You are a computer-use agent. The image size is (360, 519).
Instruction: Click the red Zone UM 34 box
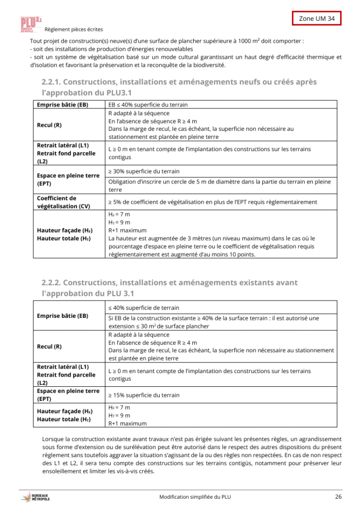317,18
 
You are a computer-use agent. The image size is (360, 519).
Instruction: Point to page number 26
338,497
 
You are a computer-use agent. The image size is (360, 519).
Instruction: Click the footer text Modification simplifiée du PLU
195,497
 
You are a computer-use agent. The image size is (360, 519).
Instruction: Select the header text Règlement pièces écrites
74,30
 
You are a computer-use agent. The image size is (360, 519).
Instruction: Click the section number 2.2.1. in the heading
51,82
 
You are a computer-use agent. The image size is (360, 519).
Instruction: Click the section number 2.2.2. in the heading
51,282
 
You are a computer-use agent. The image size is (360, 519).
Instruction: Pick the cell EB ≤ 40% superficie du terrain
148,105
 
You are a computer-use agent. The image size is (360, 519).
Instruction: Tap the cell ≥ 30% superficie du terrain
144,171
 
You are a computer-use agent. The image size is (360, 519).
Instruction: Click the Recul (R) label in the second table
49,347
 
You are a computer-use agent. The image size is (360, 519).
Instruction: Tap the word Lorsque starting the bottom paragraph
53,438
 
